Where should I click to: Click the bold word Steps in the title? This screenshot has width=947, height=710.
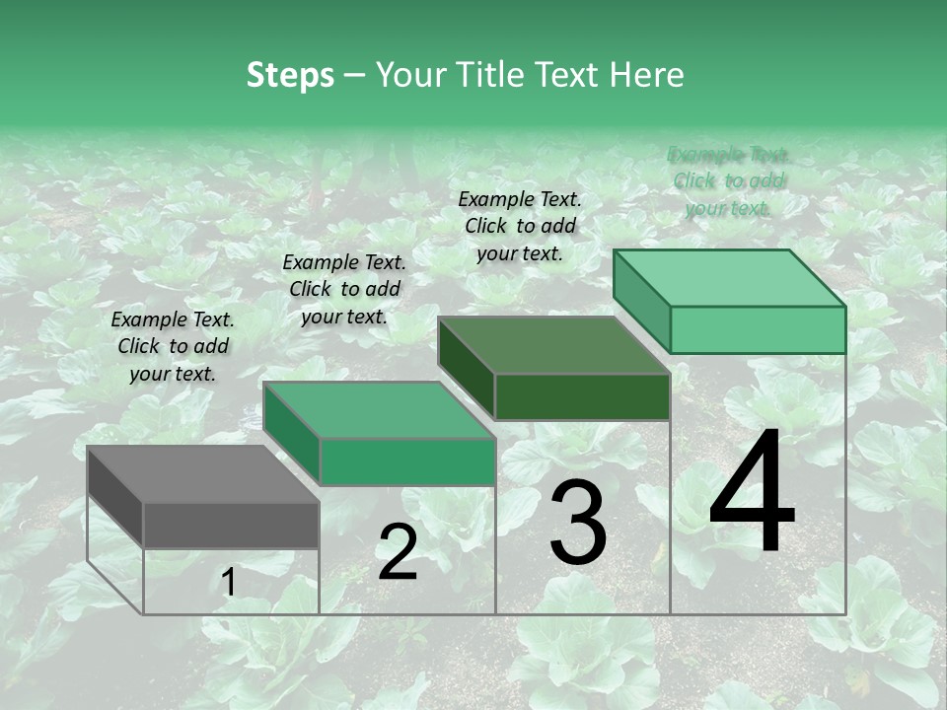tap(290, 75)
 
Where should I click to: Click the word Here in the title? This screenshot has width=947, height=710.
tap(648, 75)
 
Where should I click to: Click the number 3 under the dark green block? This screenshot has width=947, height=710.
tap(578, 523)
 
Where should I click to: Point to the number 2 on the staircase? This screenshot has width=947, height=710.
tap(398, 552)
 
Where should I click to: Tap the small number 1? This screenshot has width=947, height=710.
tap(229, 583)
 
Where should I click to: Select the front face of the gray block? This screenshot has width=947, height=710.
tap(231, 525)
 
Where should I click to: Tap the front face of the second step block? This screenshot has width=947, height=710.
tap(406, 461)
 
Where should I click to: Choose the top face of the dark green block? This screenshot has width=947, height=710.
tap(553, 345)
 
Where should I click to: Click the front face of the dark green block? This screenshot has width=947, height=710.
tap(582, 396)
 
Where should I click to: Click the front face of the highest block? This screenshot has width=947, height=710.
tap(758, 329)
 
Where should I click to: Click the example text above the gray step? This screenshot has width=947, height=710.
tap(173, 347)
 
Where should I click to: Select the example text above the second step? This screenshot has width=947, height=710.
tap(344, 290)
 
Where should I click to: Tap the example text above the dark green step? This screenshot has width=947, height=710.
tap(520, 227)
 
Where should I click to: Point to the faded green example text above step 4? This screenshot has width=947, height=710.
tap(728, 181)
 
